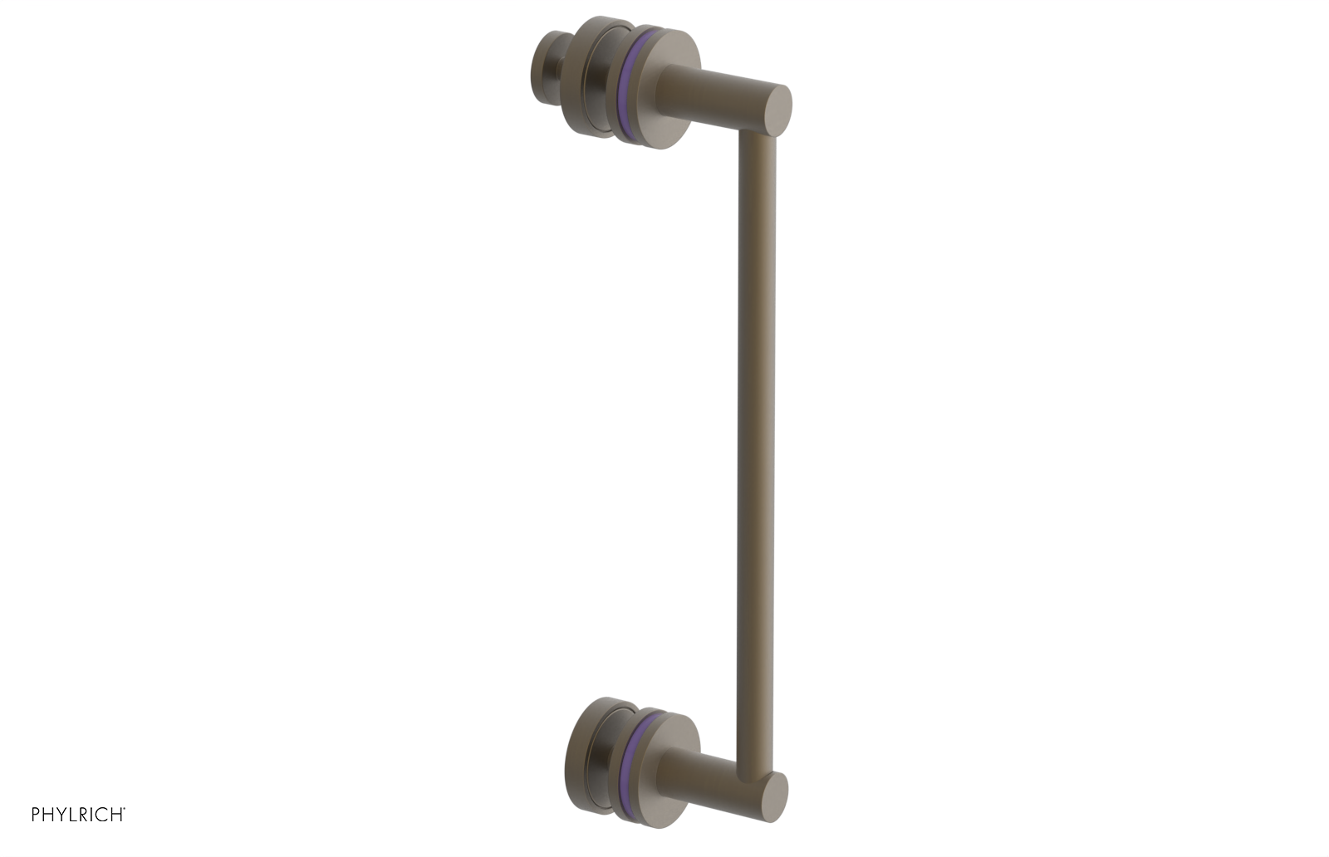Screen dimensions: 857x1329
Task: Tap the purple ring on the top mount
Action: [x=627, y=83]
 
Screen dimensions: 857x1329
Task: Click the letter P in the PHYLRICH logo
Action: [x=37, y=815]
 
